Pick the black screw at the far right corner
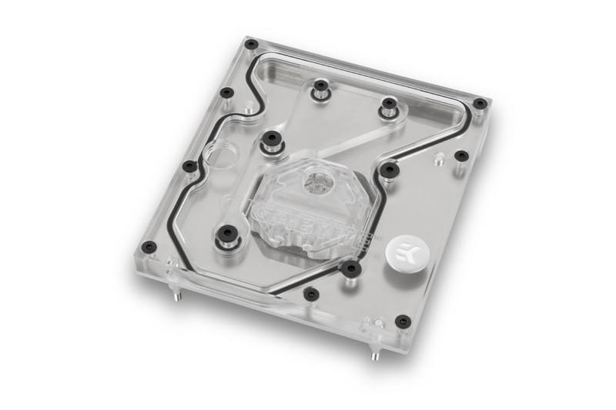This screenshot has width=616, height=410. click(x=479, y=103)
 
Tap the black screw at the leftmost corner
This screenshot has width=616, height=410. click(x=149, y=247)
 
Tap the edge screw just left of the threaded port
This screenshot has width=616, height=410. click(x=189, y=166)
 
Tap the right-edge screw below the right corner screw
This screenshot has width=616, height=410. click(x=461, y=155)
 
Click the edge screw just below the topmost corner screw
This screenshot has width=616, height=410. click(x=226, y=93)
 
